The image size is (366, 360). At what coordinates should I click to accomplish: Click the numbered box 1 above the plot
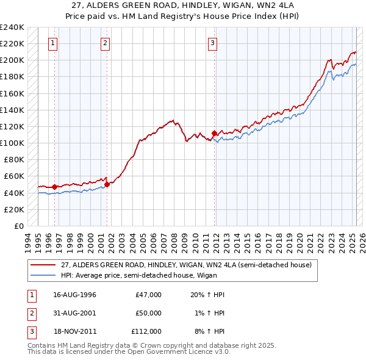[x=54, y=43]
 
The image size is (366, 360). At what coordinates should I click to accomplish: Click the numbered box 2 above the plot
[x=106, y=43]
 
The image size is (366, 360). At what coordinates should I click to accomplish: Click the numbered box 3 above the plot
[x=212, y=43]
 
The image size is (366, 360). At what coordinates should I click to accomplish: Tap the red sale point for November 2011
[x=214, y=133]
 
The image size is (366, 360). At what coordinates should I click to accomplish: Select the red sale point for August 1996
[x=55, y=187]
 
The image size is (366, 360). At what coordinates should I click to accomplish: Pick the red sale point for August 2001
[x=107, y=184]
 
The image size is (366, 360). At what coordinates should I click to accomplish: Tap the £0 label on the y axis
[x=18, y=226]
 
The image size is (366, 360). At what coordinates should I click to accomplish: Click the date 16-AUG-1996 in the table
[x=74, y=295]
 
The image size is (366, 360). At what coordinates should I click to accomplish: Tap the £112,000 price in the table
[x=146, y=331]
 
